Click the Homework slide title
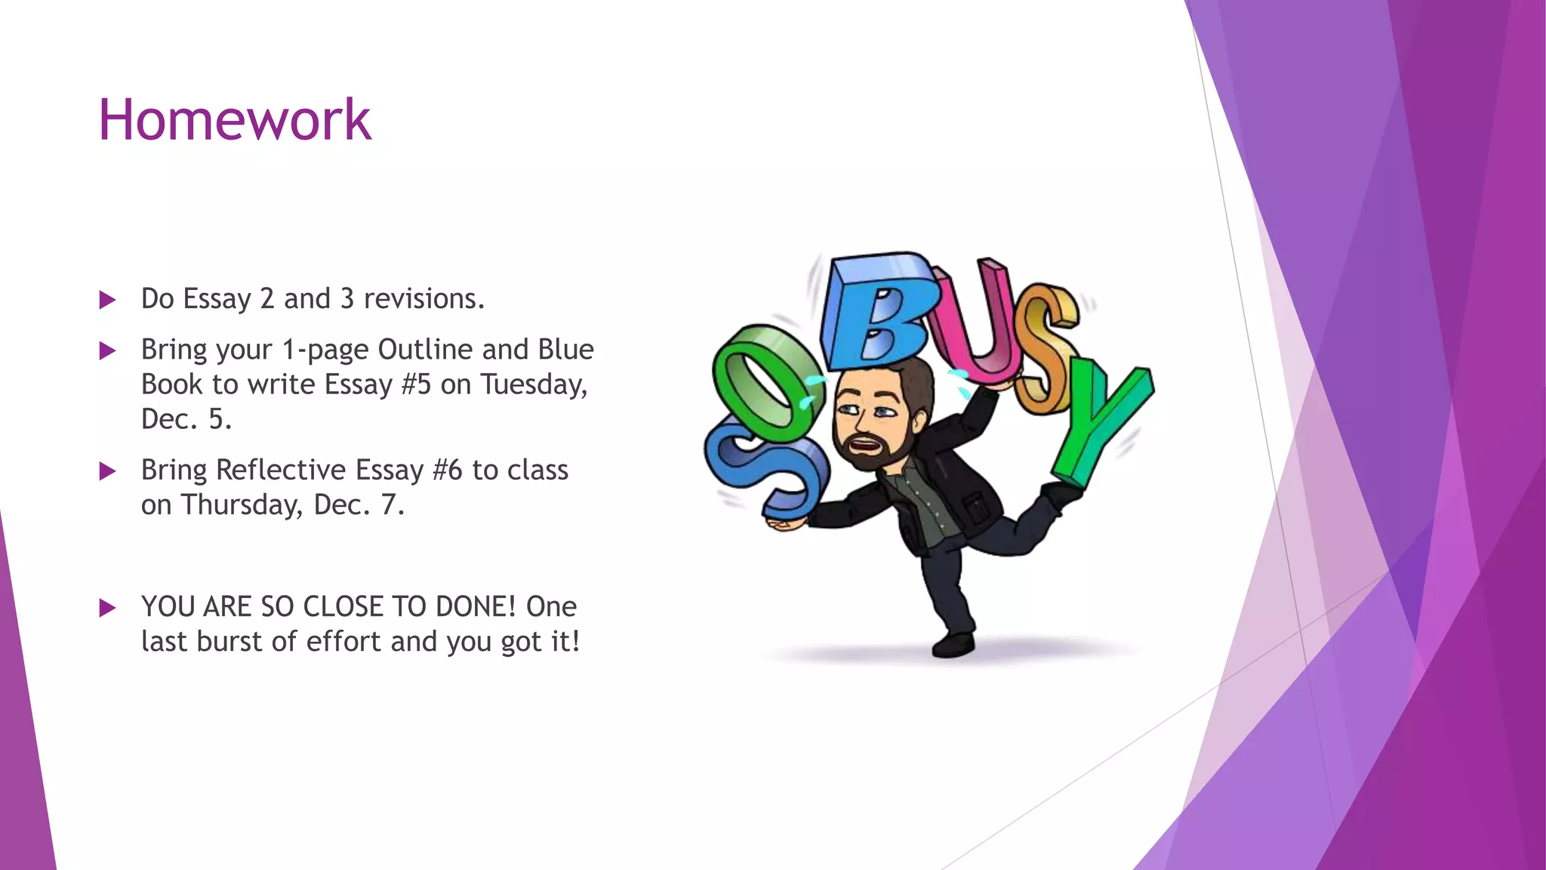click(235, 120)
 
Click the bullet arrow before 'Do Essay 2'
click(107, 301)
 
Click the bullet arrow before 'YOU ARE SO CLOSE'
click(107, 608)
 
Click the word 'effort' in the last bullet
click(343, 641)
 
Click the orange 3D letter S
click(1046, 347)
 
